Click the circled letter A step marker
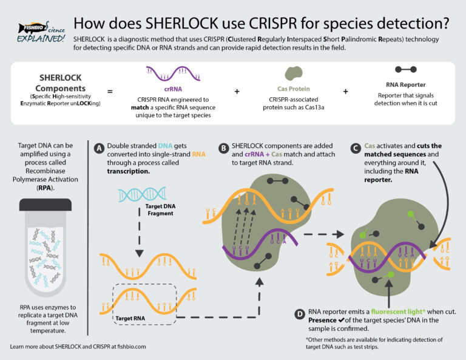99,148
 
